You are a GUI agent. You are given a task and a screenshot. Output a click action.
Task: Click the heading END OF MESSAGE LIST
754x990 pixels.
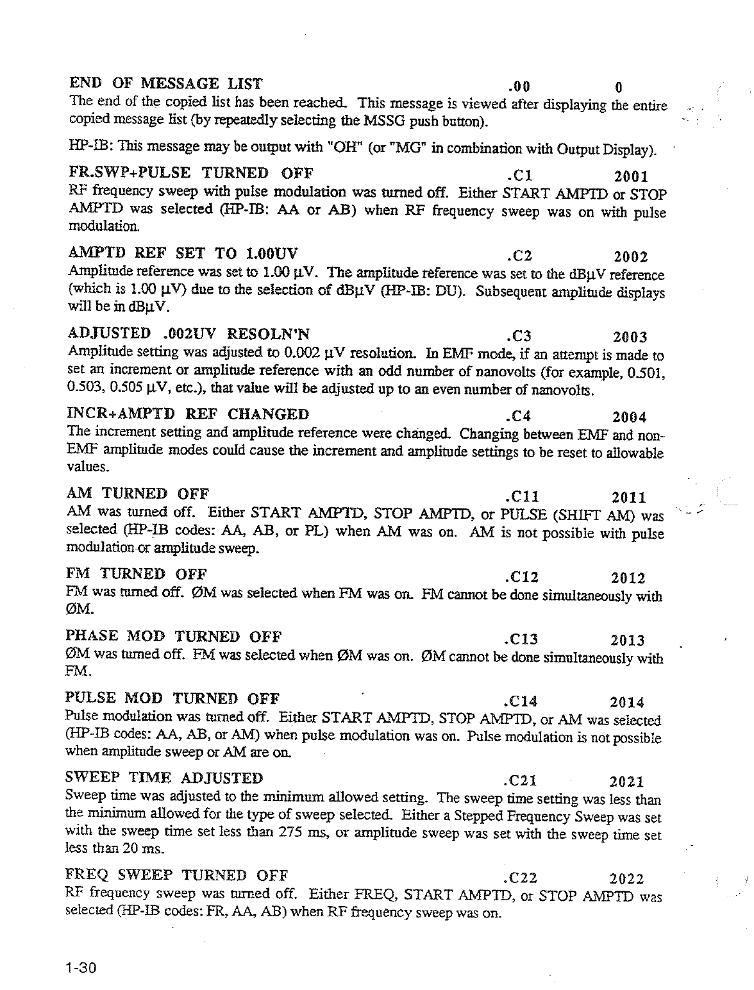coord(165,83)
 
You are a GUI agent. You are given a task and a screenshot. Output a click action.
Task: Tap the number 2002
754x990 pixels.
coord(631,257)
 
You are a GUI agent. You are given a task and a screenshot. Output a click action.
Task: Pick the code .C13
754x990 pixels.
coord(521,639)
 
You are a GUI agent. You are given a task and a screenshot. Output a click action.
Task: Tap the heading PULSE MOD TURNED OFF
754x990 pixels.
coord(173,698)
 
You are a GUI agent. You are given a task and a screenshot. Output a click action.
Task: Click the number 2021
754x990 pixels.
coord(626,782)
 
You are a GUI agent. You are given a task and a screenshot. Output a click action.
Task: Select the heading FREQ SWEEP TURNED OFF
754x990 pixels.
coord(177,875)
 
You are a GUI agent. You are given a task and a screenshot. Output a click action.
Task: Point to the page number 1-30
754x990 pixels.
coord(80,968)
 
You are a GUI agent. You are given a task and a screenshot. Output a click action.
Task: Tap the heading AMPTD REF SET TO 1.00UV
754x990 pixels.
coord(183,252)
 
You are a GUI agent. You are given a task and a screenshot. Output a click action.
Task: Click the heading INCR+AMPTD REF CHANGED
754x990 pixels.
coord(188,414)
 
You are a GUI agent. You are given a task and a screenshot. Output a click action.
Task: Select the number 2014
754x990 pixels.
coord(627,702)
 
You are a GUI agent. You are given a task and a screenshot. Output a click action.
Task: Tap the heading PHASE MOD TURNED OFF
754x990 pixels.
coord(174,636)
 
